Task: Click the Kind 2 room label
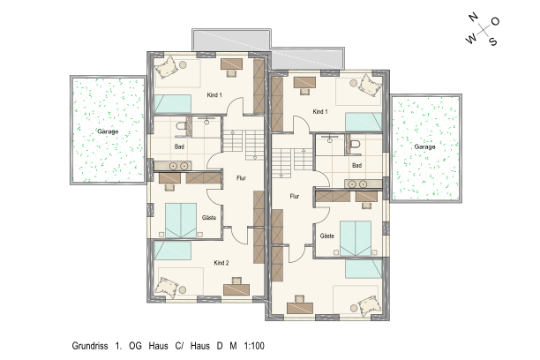point(221,263)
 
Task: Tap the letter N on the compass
point(473,17)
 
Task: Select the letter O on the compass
point(495,22)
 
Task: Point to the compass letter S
point(493,41)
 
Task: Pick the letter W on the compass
point(471,38)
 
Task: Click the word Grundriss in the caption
point(90,346)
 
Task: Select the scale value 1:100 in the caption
point(254,346)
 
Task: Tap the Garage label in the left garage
point(108,131)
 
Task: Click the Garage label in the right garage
point(424,146)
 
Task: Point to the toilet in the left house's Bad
point(181,126)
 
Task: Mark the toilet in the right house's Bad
point(356,144)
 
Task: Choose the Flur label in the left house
point(241,178)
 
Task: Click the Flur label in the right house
point(295,197)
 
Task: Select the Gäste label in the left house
point(209,218)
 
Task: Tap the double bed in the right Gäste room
point(356,238)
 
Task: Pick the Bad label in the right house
point(356,165)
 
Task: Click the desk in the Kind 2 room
point(236,289)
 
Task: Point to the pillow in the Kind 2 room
point(167,287)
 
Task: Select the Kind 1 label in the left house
point(214,95)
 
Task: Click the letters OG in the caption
point(135,346)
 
